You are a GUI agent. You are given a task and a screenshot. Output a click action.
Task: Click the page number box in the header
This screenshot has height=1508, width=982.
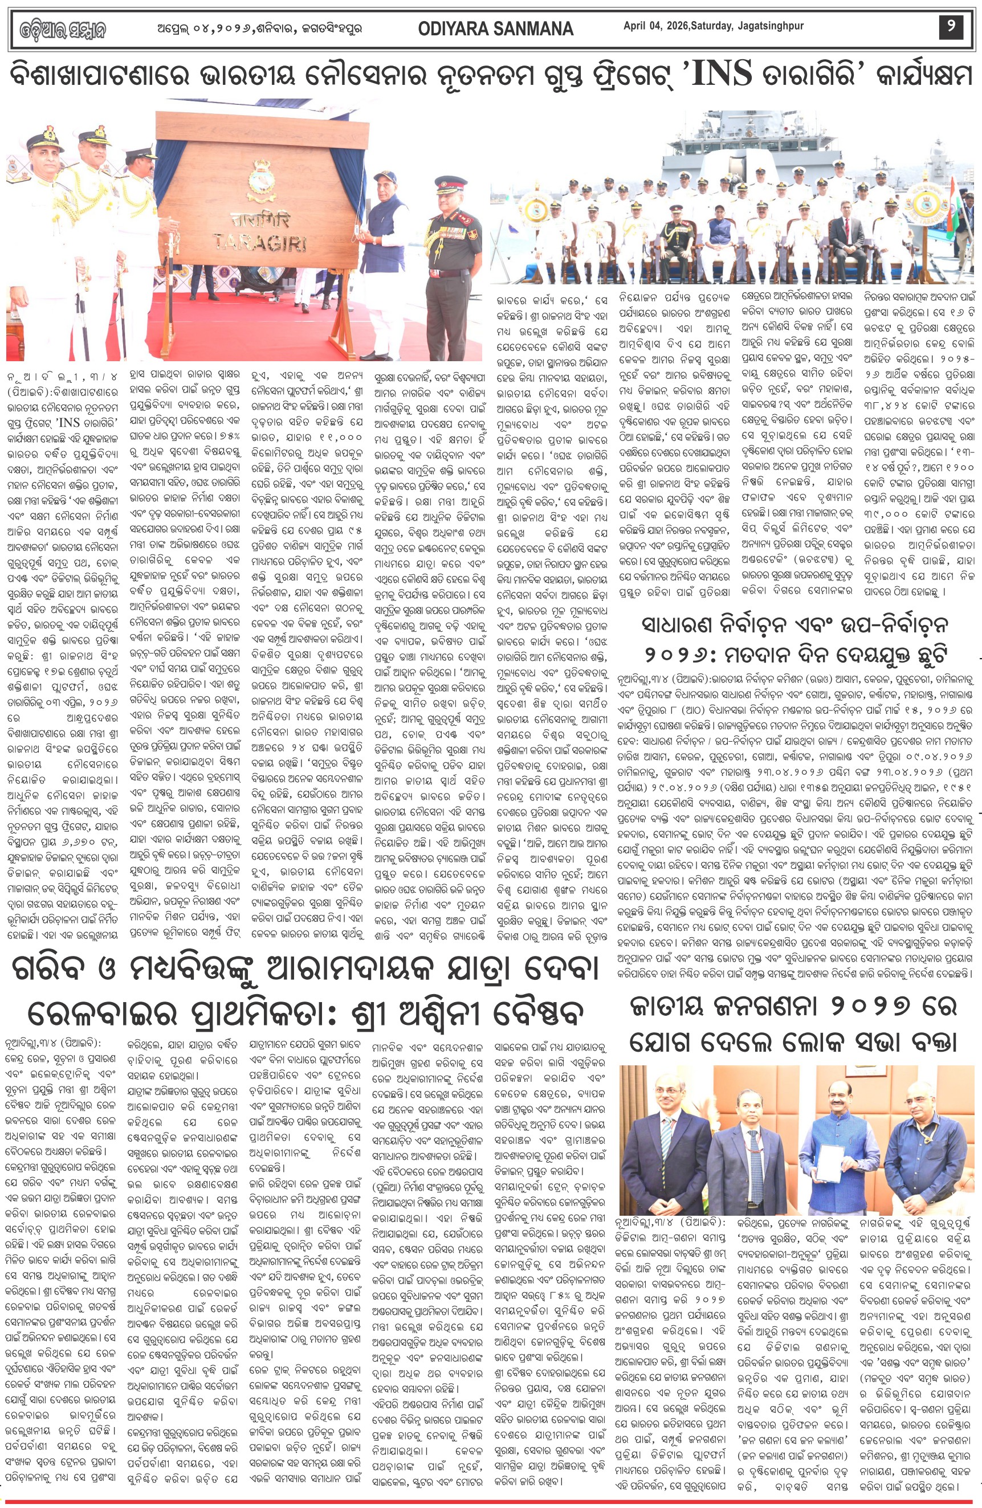tap(951, 28)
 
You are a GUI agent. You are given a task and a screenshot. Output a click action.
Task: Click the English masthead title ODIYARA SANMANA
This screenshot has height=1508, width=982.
tap(496, 28)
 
